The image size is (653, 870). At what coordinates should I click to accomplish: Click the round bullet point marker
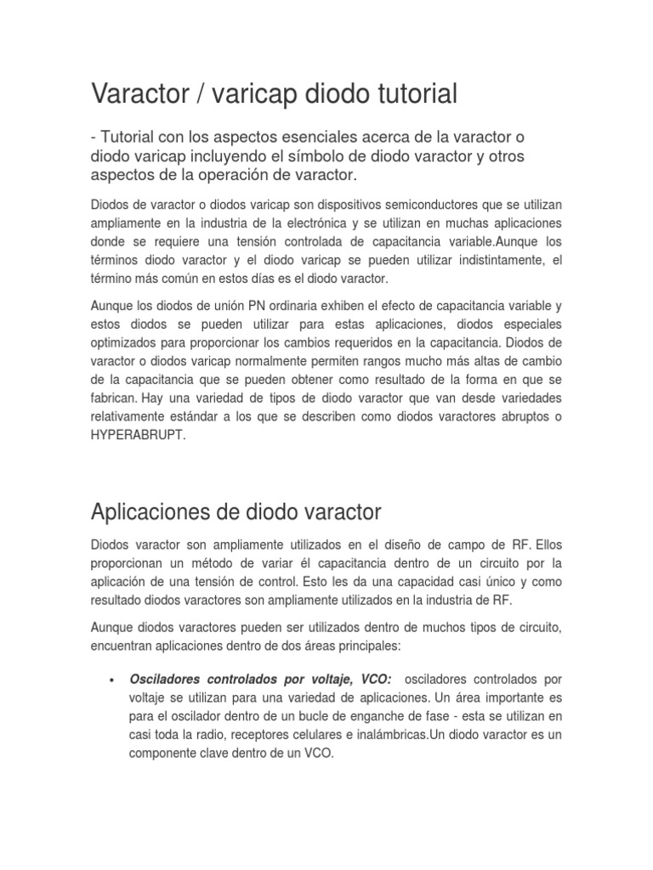pyautogui.click(x=114, y=681)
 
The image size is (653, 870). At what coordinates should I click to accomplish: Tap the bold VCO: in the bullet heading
pyautogui.click(x=370, y=681)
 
